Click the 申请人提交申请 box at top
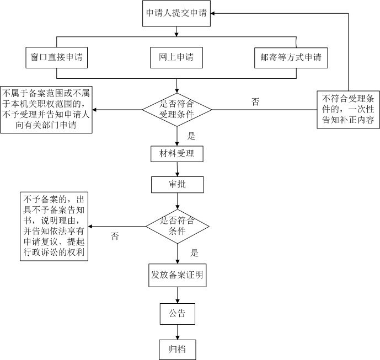(x=176, y=13)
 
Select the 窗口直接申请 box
(x=56, y=58)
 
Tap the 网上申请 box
(x=176, y=58)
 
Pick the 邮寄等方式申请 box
(x=291, y=58)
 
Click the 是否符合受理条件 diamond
(x=177, y=110)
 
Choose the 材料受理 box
(x=177, y=154)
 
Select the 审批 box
(x=178, y=185)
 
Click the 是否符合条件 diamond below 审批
(x=178, y=227)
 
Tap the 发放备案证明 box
(x=178, y=275)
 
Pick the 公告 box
(x=178, y=314)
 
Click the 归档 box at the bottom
(x=178, y=350)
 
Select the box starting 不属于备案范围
(x=46, y=110)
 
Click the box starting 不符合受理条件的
(x=348, y=110)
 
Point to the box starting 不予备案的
(x=54, y=226)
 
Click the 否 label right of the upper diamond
(x=255, y=102)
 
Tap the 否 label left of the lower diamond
(x=115, y=236)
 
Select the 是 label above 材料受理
(x=191, y=136)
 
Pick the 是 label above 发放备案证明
(x=194, y=253)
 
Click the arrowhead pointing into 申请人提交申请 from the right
(x=212, y=13)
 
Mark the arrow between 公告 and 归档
(x=178, y=332)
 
